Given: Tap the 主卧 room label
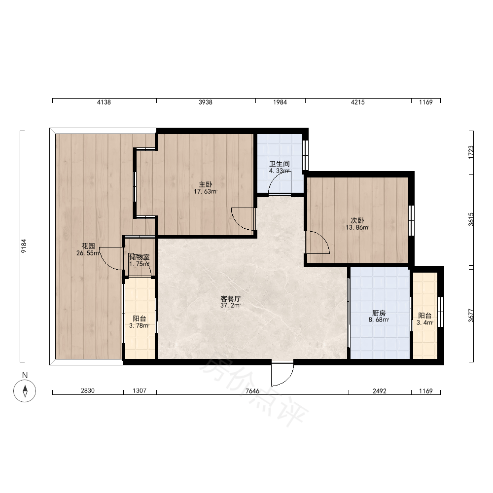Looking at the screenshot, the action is tap(205, 184).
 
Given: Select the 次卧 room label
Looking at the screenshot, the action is tap(357, 220).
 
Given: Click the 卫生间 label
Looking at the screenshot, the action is tap(279, 164).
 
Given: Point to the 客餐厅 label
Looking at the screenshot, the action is tap(230, 298).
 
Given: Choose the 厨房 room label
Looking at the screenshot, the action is tap(379, 313).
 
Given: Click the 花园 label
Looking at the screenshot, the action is tap(88, 246).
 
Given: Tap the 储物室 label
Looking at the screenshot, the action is tap(140, 257).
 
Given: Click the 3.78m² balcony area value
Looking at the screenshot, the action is tap(140, 325).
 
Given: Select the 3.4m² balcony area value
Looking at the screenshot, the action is tap(425, 322).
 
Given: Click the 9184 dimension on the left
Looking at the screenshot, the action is tap(24, 246).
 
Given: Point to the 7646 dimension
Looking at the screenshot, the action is tap(252, 391).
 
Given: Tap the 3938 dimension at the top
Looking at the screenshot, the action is tap(205, 102).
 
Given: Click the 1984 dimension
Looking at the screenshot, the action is tap(280, 102).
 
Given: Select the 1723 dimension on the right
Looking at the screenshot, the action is tap(471, 152).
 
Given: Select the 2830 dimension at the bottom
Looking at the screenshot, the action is tap(88, 391).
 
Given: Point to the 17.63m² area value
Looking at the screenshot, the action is tap(206, 191).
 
